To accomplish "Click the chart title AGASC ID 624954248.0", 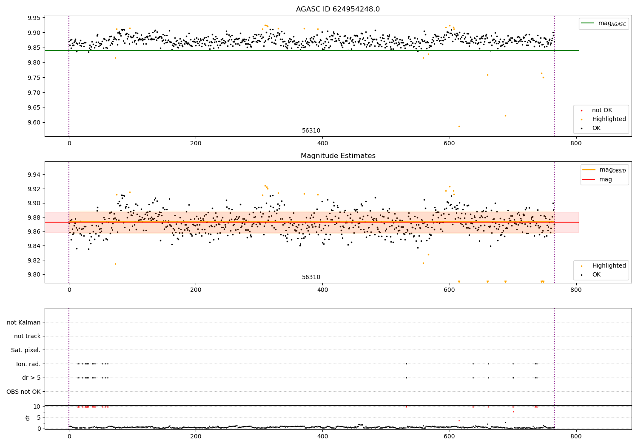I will tap(338, 9).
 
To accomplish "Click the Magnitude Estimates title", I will tap(338, 156).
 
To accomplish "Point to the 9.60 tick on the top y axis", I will tap(34, 123).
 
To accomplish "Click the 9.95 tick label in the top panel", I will tap(34, 18).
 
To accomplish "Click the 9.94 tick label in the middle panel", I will tap(34, 175).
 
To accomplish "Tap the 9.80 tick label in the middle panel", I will tap(34, 274).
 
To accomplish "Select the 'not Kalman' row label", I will tap(24, 322).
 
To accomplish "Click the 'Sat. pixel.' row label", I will tap(26, 350).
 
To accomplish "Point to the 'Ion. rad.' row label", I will tap(28, 364).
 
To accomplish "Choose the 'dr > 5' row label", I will tap(31, 378).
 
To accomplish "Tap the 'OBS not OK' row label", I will tap(24, 392).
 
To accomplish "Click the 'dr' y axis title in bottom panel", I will tap(28, 418).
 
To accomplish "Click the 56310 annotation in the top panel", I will tap(311, 131).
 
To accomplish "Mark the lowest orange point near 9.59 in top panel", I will tap(459, 126).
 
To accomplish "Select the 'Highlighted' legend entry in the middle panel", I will tap(609, 265).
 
